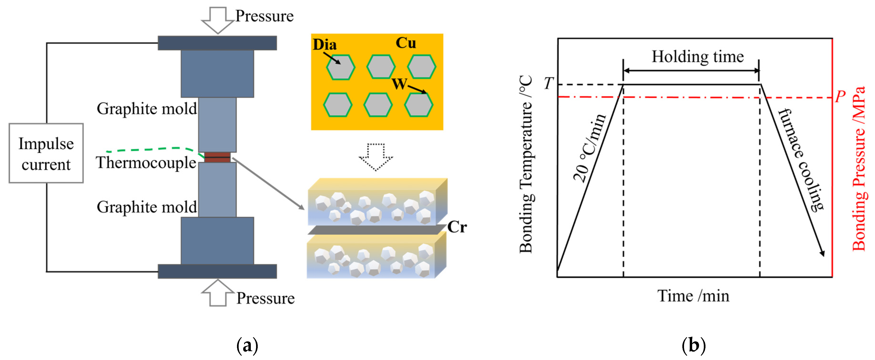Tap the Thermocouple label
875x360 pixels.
(x=146, y=163)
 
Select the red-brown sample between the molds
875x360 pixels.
(x=217, y=157)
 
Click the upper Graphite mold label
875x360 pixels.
(x=147, y=109)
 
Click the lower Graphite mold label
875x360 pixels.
(x=147, y=207)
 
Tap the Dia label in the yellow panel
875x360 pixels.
(x=324, y=45)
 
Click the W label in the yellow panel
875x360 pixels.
(x=399, y=83)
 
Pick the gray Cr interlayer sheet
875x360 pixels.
(x=374, y=230)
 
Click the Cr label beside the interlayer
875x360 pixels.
(x=457, y=227)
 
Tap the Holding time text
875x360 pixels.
(x=697, y=57)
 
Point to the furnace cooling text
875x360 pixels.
(x=801, y=160)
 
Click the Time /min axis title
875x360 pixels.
(x=693, y=296)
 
